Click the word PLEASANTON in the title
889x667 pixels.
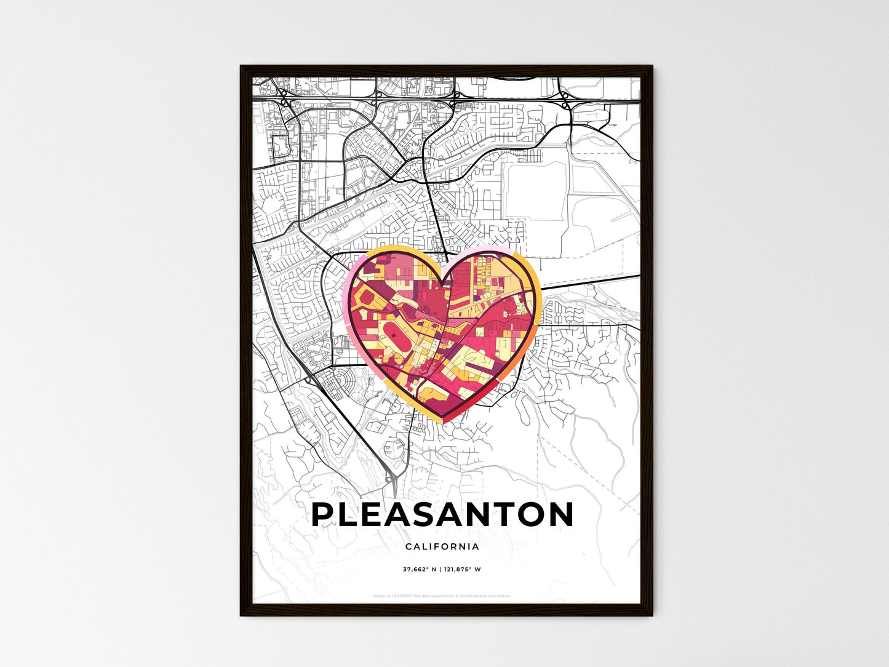tap(442, 515)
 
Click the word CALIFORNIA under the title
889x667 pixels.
tap(442, 546)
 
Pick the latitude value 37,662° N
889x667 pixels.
tap(420, 570)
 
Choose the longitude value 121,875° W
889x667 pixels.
tap(463, 570)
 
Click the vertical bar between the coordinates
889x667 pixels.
tap(441, 570)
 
